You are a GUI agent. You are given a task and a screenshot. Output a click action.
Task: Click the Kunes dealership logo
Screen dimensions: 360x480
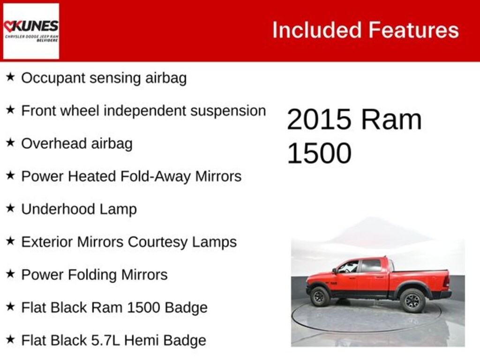(31, 31)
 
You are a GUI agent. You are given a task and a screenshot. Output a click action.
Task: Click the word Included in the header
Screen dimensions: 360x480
(317, 30)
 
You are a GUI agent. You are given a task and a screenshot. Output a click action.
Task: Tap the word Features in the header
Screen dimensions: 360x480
(413, 30)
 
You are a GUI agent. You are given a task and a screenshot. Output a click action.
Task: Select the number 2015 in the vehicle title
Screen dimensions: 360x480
(319, 120)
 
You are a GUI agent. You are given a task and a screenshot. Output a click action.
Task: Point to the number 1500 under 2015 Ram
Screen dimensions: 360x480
(319, 153)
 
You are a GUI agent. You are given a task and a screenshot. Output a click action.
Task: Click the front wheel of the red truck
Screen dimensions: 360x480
(320, 297)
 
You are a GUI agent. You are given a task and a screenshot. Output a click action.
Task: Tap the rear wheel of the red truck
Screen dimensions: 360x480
(412, 300)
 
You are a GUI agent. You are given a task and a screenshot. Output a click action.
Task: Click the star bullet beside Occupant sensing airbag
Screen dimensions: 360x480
(10, 77)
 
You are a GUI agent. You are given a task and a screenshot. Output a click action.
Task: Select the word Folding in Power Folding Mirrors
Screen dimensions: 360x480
(94, 275)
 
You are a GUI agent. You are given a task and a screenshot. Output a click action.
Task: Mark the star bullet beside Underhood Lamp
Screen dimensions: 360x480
(10, 209)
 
